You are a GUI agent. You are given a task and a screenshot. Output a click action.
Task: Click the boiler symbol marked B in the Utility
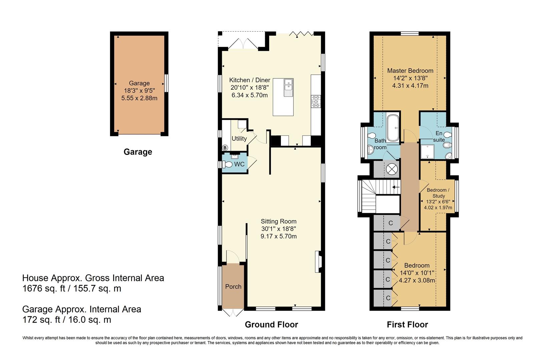tap(225, 148)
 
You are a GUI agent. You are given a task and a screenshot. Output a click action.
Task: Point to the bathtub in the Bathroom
tap(393, 128)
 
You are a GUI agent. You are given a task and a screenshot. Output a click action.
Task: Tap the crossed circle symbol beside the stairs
tap(392, 169)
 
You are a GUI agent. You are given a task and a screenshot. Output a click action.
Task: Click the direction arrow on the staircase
tap(396, 187)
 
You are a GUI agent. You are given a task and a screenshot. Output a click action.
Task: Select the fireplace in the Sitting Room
tap(318, 262)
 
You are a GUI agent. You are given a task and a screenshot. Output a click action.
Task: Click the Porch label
tap(233, 287)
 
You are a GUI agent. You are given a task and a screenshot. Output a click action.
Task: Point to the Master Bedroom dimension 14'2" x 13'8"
tap(410, 78)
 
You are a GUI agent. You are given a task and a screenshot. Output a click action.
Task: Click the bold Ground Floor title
tap(271, 324)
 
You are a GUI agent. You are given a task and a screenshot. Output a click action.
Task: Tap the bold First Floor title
tap(407, 324)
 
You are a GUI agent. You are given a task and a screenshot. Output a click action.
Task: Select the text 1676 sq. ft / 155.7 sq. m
tap(72, 288)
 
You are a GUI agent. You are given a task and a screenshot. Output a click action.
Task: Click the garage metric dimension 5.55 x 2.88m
tap(139, 98)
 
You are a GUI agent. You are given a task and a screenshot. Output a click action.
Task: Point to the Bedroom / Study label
tap(438, 193)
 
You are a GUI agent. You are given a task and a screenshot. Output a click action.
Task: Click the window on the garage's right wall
tap(166, 83)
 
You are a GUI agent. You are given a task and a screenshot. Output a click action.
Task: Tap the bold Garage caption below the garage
tap(138, 152)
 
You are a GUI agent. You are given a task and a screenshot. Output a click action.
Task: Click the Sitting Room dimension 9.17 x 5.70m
tap(279, 236)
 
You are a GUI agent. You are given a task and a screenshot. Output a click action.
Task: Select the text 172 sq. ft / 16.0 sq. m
tap(66, 320)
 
